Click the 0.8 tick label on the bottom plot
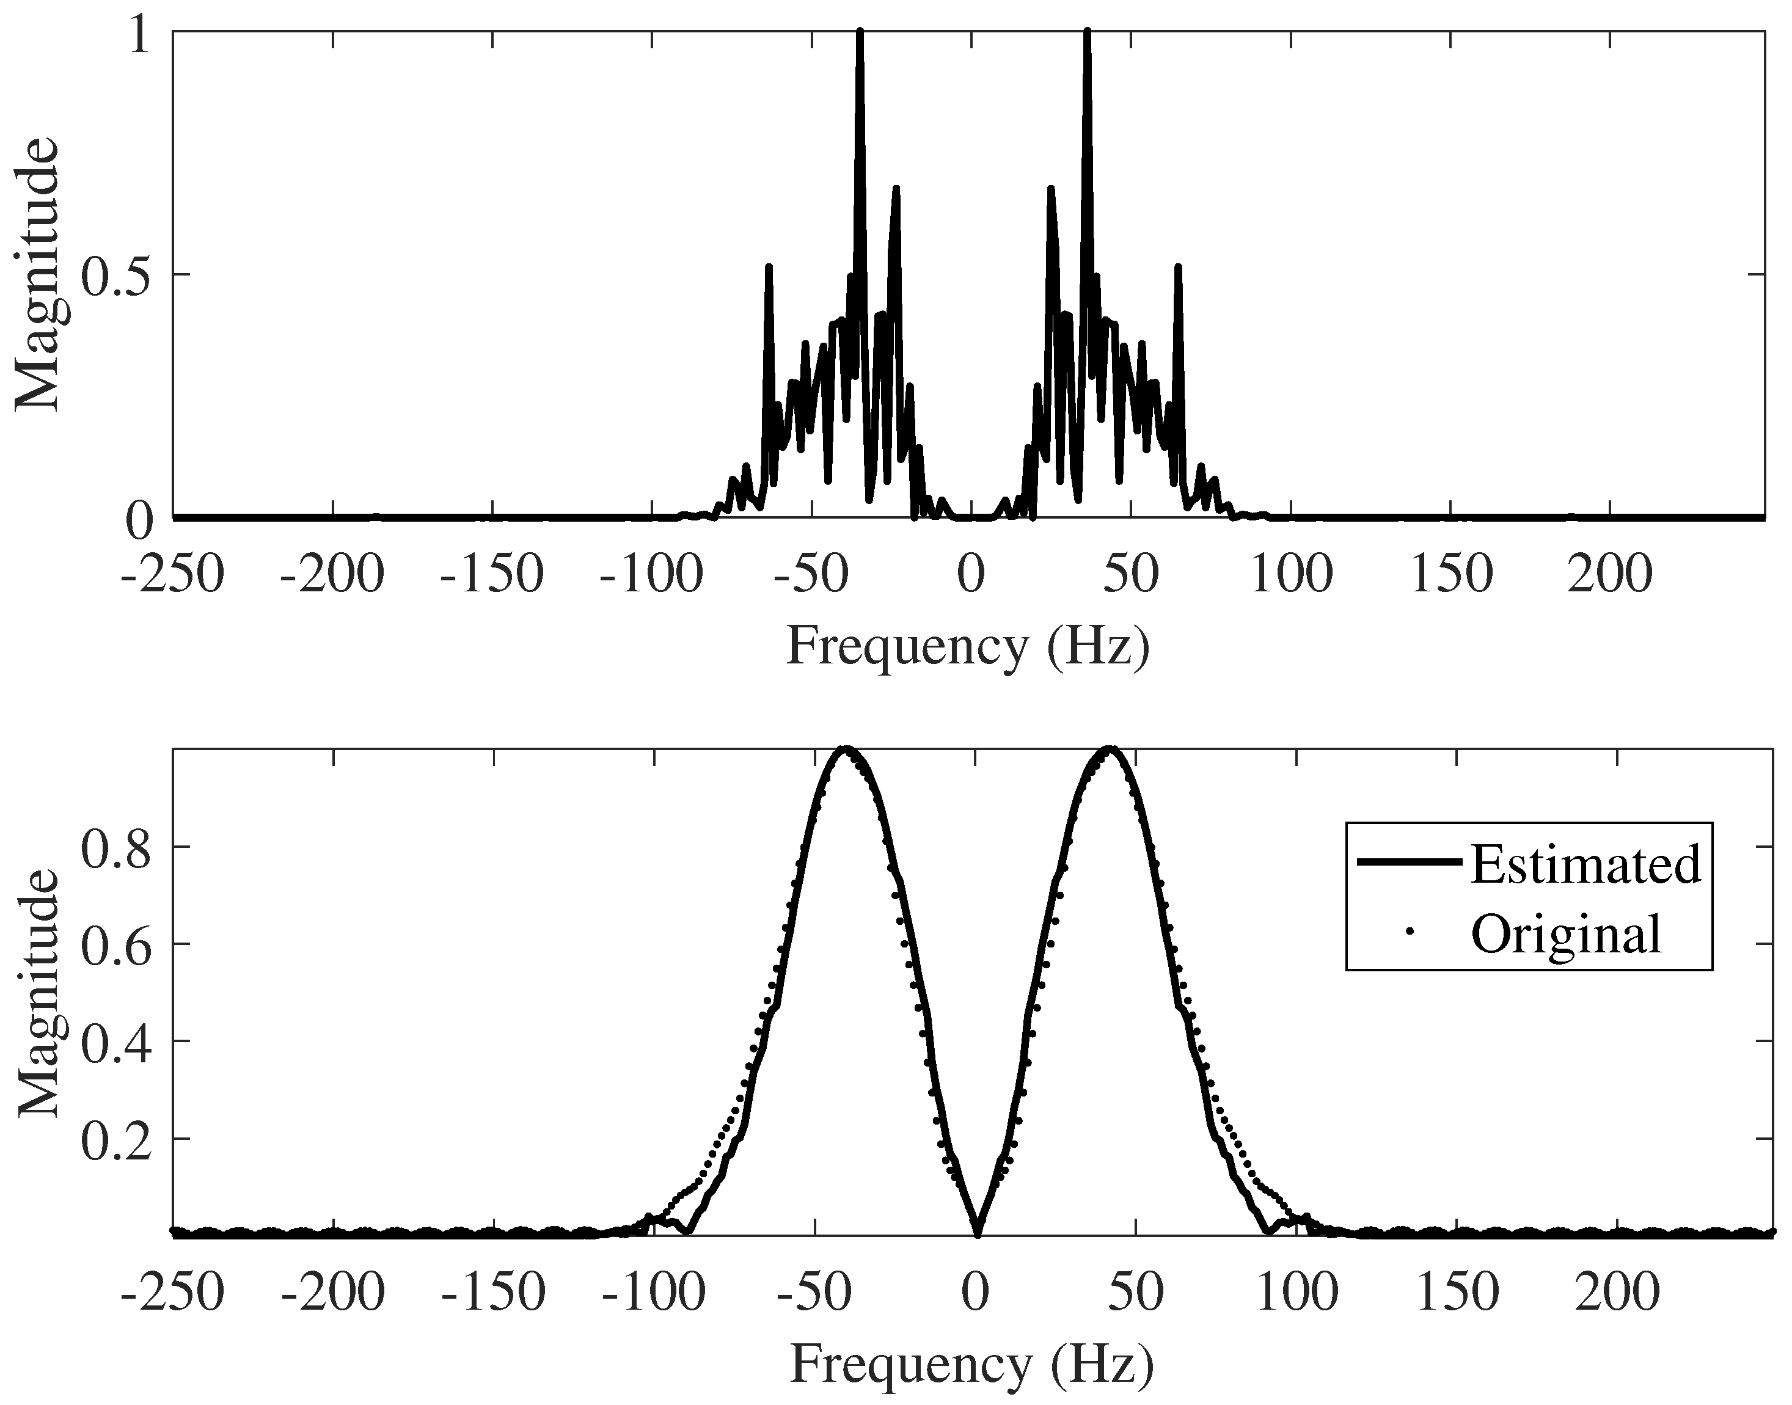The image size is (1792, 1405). click(116, 847)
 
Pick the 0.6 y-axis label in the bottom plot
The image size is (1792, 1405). click(116, 944)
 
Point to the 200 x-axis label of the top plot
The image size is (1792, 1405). click(1609, 574)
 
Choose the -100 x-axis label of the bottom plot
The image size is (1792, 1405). click(654, 1293)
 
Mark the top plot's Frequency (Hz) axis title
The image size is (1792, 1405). click(968, 646)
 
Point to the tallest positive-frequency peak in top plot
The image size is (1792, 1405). click(1087, 33)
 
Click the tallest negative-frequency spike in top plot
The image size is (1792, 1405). click(860, 33)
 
